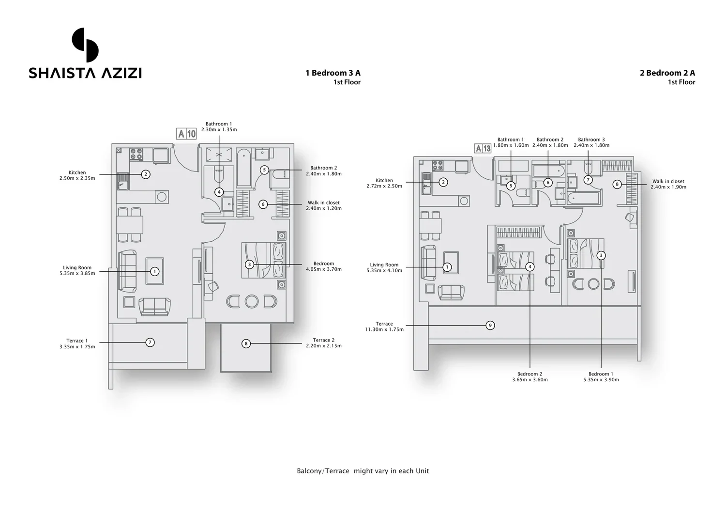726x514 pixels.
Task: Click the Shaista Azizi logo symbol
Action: click(85, 45)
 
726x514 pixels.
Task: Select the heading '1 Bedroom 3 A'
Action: click(333, 73)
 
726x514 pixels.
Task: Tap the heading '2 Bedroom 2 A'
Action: click(667, 73)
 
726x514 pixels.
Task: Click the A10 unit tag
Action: click(186, 134)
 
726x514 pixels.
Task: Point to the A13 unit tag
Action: click(483, 149)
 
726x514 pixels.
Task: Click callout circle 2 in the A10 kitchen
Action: click(146, 174)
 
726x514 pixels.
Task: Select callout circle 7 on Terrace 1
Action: click(150, 343)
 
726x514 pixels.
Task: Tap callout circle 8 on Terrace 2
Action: click(246, 343)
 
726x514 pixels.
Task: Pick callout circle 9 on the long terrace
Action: click(490, 325)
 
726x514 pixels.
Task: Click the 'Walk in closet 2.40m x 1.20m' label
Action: click(323, 205)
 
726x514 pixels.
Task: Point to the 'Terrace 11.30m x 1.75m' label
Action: click(384, 327)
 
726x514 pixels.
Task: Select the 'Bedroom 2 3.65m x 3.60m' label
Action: click(529, 377)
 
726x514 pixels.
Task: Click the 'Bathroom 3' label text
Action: click(591, 140)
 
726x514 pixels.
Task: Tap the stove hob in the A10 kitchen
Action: click(136, 154)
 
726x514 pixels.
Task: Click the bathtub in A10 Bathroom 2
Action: click(243, 168)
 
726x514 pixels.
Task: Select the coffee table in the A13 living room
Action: click(451, 263)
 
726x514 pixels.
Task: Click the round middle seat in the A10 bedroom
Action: click(252, 301)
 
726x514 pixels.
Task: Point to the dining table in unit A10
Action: click(130, 225)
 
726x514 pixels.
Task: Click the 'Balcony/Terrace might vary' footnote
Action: click(363, 471)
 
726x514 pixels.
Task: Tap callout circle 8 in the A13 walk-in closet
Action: click(617, 184)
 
